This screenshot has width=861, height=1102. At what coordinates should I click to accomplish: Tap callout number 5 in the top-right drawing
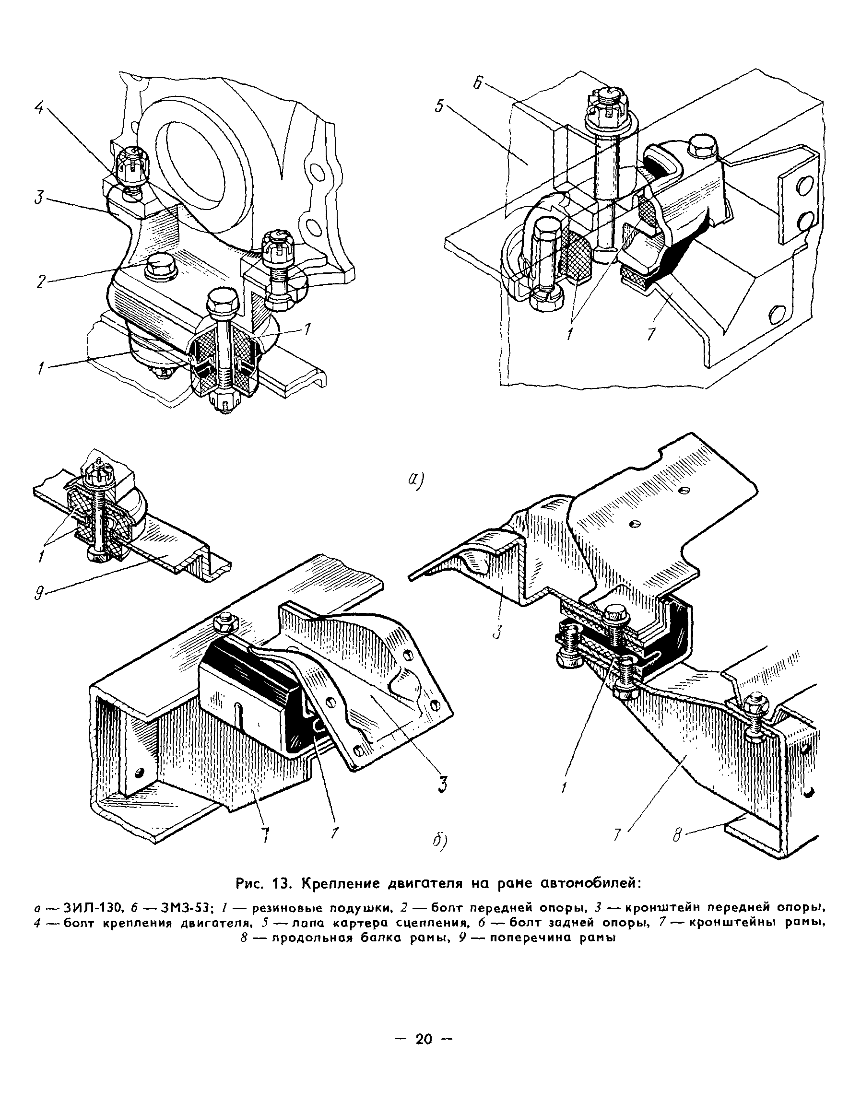[439, 107]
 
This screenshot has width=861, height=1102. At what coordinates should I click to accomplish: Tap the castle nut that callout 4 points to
[131, 166]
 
